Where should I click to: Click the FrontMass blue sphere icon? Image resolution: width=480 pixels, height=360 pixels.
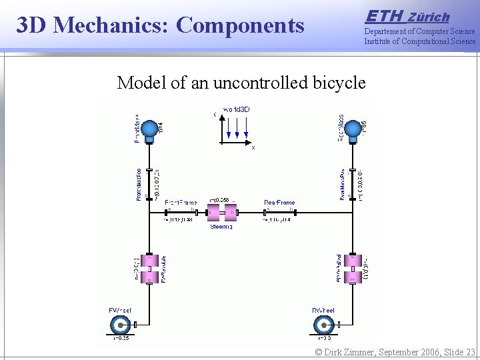[x=151, y=127]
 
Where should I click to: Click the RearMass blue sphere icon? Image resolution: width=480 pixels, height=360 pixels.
[x=353, y=127]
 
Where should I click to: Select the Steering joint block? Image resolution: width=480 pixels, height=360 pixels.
[x=222, y=213]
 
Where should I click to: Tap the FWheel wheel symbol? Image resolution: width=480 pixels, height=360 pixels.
[x=121, y=325]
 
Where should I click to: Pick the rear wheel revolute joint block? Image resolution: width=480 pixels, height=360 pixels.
[x=353, y=269]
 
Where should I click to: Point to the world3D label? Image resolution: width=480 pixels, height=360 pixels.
[x=237, y=109]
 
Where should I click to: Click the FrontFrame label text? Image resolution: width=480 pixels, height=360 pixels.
[x=180, y=203]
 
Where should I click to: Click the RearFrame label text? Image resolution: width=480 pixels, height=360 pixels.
[x=279, y=203]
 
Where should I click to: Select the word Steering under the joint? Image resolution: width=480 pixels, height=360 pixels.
[x=221, y=227]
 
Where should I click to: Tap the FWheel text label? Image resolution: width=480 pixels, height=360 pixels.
[x=120, y=311]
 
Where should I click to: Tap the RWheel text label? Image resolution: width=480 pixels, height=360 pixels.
[x=323, y=311]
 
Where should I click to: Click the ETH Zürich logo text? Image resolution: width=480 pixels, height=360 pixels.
[x=408, y=16]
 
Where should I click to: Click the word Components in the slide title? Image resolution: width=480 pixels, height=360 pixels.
[x=241, y=25]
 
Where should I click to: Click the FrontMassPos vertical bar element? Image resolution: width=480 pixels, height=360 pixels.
[x=150, y=183]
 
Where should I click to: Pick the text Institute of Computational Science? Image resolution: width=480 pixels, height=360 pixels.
[x=420, y=41]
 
